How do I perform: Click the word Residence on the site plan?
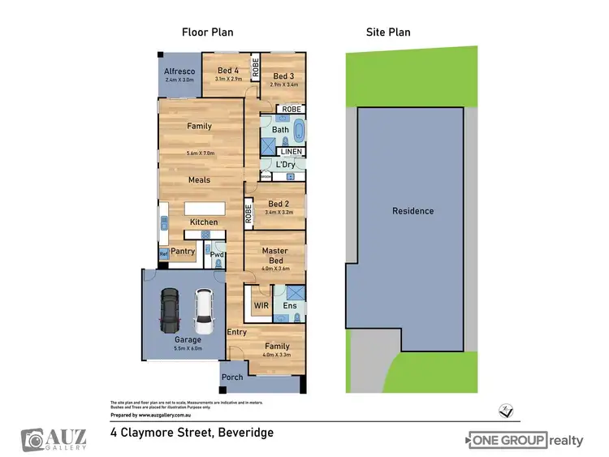pos(412,211)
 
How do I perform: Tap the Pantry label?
pos(183,252)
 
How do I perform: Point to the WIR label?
pos(261,306)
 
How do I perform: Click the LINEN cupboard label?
pos(292,152)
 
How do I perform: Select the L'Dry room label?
pos(285,165)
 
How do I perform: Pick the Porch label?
pos(232,377)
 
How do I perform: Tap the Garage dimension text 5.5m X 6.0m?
pos(188,349)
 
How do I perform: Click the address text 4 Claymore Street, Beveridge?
pos(192,433)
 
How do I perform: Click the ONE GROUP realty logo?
pos(525,441)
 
